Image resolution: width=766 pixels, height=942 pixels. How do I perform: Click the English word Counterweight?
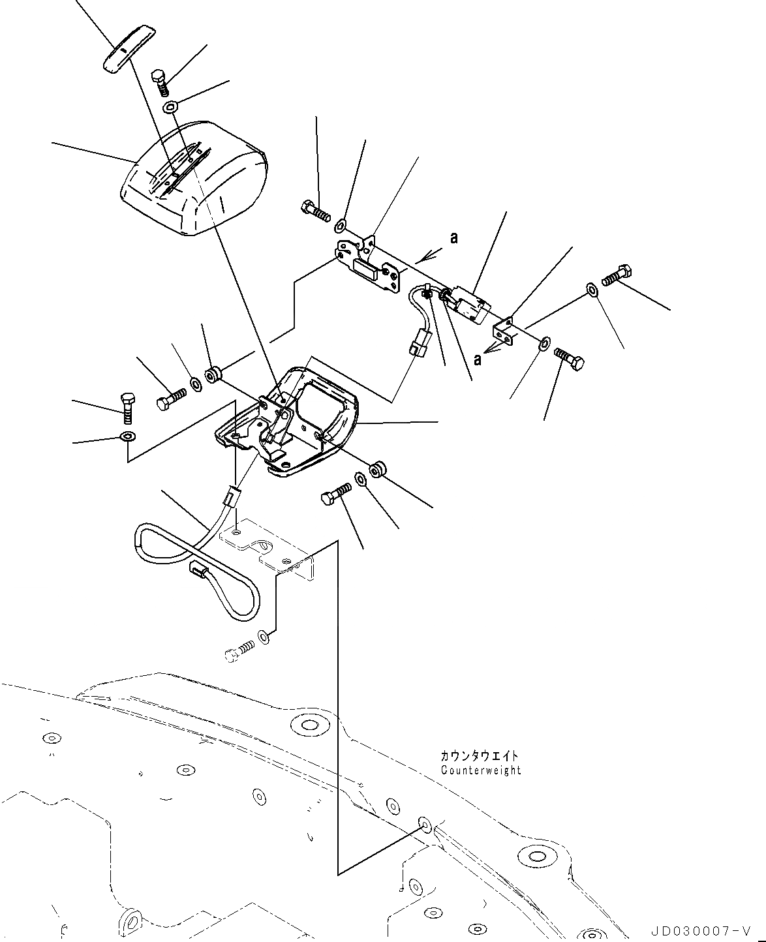click(x=481, y=770)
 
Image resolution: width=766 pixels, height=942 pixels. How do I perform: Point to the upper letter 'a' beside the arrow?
click(x=453, y=238)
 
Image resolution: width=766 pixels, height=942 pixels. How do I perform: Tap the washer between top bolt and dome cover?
click(x=170, y=106)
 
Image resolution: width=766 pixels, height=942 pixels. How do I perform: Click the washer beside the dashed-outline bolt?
click(x=263, y=635)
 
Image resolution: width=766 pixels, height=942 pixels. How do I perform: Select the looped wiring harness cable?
click(x=196, y=561)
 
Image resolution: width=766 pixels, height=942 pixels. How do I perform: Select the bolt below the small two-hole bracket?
click(x=569, y=359)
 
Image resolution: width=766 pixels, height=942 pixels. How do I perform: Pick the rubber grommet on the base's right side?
click(x=376, y=470)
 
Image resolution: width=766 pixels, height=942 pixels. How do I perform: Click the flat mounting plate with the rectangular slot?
click(x=369, y=266)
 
